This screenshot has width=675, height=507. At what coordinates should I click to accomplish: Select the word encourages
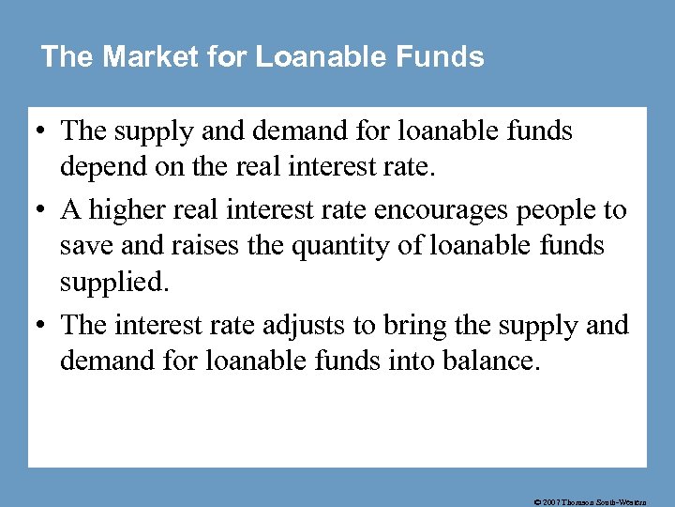434,209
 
